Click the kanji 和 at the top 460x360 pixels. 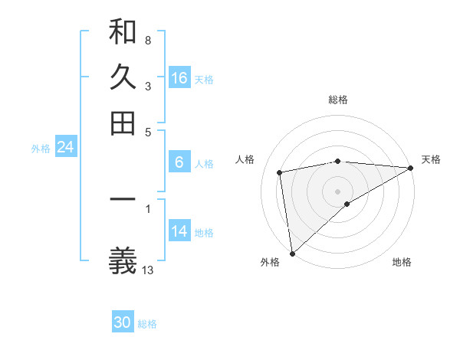point(123,32)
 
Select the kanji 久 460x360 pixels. point(123,77)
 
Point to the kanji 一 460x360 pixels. point(123,201)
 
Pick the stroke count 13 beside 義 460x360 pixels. point(148,270)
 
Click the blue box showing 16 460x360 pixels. point(179,78)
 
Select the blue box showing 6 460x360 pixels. point(179,162)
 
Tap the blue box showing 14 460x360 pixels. point(179,231)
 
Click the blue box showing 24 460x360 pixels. point(65,147)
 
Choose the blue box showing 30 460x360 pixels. point(123,322)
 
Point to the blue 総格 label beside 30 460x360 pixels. point(147,324)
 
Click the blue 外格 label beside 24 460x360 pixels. point(41,149)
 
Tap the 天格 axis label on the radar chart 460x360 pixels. point(431,159)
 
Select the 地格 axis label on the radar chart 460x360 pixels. point(402,263)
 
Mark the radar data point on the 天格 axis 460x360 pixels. point(412,168)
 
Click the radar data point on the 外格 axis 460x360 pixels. point(292,254)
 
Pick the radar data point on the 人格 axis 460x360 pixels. point(281,172)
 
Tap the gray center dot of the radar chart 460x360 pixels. point(337,190)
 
